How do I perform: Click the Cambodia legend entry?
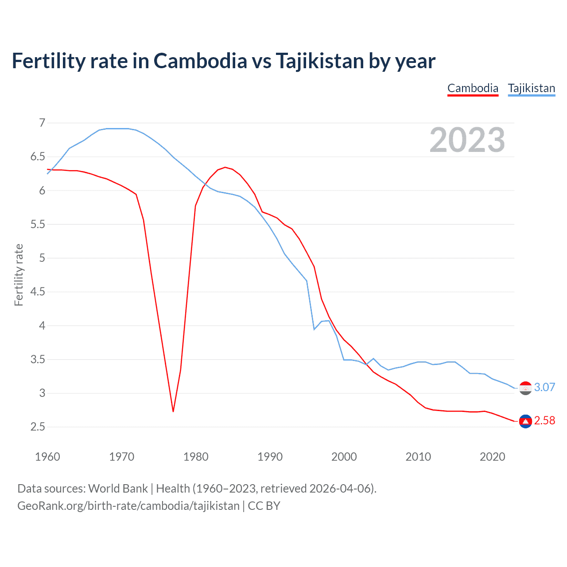473,88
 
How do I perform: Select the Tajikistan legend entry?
531,88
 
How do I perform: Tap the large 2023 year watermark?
467,140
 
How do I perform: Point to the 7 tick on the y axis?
42,123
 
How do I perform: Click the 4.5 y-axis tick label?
38,291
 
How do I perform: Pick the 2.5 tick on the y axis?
38,427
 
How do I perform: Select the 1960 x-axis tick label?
47,457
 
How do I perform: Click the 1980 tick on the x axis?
196,457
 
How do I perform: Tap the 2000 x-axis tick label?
344,457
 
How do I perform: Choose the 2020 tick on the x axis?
492,457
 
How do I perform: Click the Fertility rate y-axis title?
19,275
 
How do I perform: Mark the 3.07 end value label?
544,387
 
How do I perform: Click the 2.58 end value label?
544,420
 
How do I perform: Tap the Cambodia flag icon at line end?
525,421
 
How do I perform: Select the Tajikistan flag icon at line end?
525,388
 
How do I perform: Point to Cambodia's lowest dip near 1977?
173,411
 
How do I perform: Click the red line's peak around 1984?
225,167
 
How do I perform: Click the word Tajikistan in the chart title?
320,61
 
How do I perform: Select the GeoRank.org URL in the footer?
128,506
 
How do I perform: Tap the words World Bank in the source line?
118,489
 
